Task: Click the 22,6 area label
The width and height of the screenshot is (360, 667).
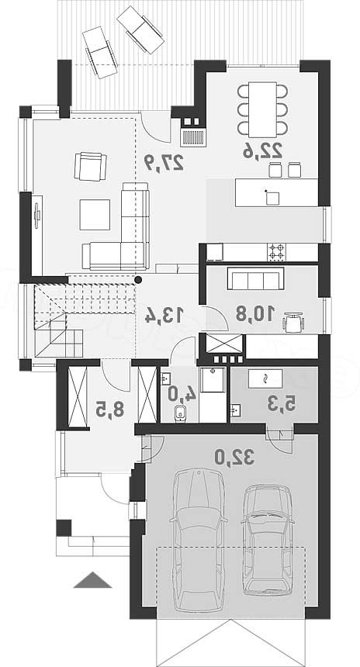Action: [262, 151]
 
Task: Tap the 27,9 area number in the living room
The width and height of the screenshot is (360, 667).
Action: [164, 161]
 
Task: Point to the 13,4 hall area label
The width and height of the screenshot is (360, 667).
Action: [164, 315]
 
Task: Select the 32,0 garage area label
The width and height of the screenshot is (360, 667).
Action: [234, 458]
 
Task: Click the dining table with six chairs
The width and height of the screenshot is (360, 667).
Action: [262, 109]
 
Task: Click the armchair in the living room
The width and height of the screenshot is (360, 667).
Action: [90, 166]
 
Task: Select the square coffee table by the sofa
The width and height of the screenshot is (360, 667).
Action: [95, 215]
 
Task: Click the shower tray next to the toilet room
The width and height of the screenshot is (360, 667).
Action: [213, 379]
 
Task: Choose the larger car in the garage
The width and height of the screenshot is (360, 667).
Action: [199, 539]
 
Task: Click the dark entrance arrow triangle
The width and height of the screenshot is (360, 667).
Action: [92, 580]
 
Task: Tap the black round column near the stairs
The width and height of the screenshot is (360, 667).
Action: [138, 279]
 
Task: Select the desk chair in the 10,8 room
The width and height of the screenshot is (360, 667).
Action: [293, 322]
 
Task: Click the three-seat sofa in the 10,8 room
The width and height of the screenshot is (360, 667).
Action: [256, 278]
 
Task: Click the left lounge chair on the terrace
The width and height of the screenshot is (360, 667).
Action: [100, 52]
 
